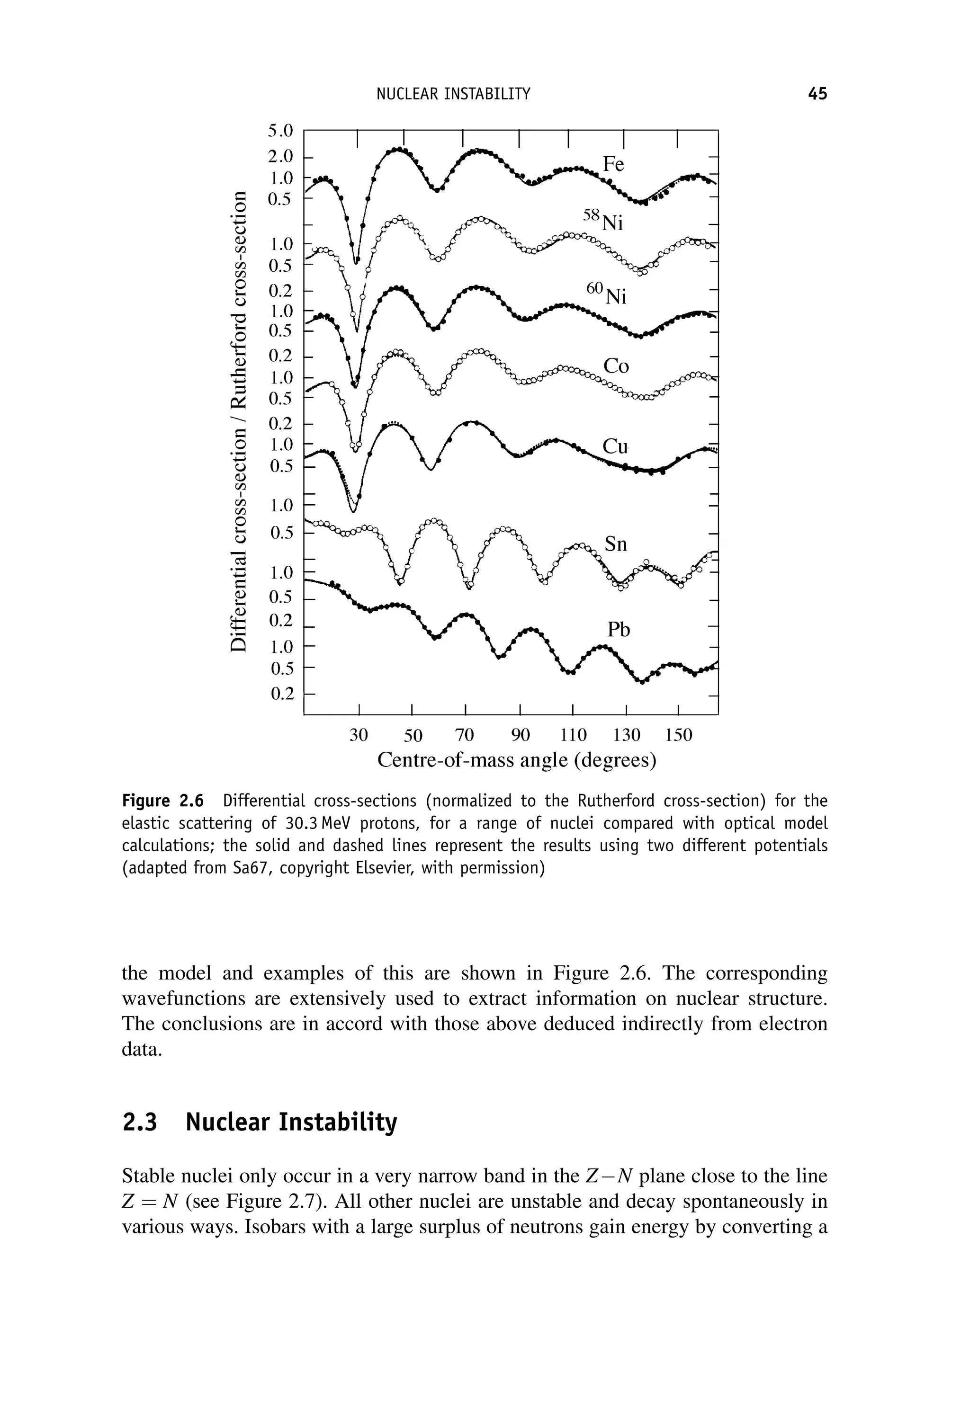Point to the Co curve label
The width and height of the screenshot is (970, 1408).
[616, 366]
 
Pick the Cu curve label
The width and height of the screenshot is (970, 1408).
[614, 446]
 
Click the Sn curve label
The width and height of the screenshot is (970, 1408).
[615, 544]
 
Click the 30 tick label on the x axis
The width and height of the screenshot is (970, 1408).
[359, 736]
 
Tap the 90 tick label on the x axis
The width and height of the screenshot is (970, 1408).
[520, 736]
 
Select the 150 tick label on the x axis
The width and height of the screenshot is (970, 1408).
[678, 736]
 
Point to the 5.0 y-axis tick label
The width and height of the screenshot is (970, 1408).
[280, 131]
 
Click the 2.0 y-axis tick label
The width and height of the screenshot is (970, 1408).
[280, 156]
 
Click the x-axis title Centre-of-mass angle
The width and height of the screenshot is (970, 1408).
[517, 760]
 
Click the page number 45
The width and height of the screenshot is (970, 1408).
[817, 94]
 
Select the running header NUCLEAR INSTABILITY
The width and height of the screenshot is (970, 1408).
[453, 94]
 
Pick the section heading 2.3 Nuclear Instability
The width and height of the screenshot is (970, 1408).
[260, 1122]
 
